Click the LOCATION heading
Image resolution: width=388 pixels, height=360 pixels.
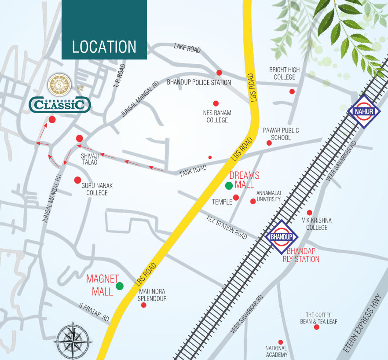click(104, 47)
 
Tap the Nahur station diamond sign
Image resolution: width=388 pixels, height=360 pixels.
click(363, 111)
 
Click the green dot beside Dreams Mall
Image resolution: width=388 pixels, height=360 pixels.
click(229, 186)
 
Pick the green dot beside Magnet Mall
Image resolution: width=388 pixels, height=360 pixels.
click(119, 286)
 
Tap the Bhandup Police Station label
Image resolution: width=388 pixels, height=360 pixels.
click(199, 82)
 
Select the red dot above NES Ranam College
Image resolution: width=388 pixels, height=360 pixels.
click(216, 103)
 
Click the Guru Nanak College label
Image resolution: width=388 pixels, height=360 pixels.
click(97, 189)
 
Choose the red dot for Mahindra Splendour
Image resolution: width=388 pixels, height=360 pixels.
click(143, 305)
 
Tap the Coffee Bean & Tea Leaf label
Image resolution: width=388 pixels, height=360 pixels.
click(322, 318)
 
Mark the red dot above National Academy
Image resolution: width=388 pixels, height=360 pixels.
click(280, 342)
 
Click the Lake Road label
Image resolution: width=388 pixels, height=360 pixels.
click(187, 48)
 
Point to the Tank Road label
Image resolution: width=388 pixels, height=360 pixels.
click(193, 171)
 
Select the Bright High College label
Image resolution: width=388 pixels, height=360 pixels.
click(285, 73)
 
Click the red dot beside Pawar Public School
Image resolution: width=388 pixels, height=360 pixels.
click(269, 143)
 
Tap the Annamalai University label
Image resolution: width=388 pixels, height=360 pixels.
click(268, 196)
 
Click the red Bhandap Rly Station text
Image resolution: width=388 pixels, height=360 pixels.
click(301, 255)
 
